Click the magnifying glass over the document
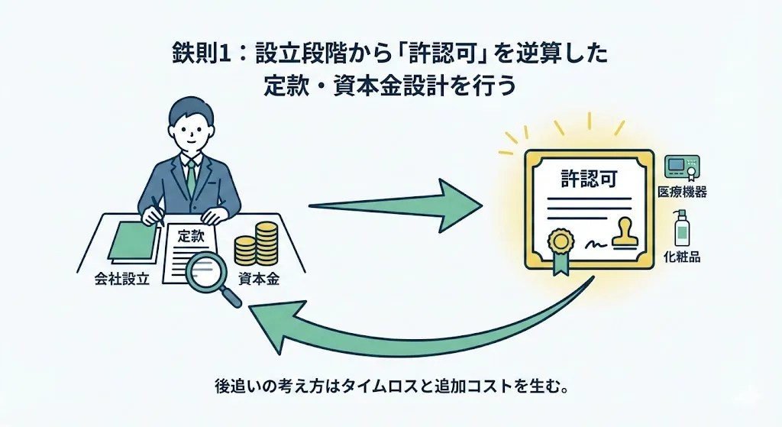click(207, 273)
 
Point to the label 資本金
click(257, 280)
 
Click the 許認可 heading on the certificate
click(586, 181)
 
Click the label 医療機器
click(682, 192)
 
